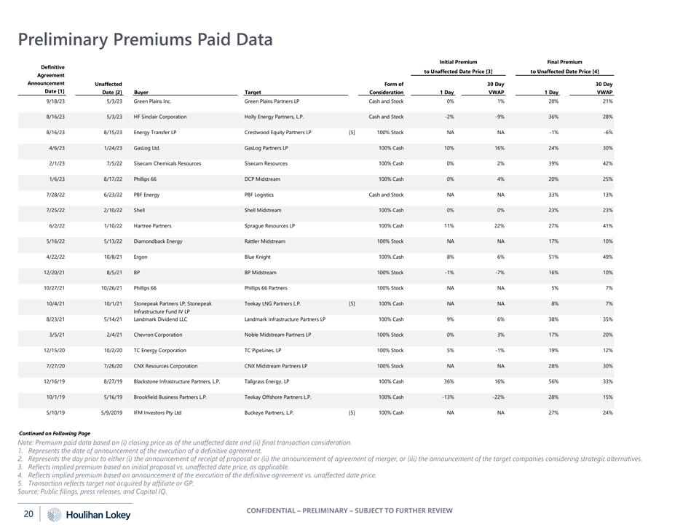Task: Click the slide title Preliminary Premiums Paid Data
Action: click(145, 39)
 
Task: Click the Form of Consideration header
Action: click(387, 88)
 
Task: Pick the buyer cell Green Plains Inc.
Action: click(152, 101)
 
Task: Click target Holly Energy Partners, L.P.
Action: click(274, 117)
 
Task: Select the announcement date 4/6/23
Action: click(57, 148)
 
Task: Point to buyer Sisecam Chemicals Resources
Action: click(167, 163)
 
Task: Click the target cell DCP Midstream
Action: click(264, 179)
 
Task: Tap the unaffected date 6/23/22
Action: click(113, 195)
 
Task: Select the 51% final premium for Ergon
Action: click(553, 257)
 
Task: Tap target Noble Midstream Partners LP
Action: click(278, 335)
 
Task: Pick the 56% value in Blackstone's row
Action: click(553, 381)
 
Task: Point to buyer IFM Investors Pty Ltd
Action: click(157, 413)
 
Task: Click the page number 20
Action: click(28, 514)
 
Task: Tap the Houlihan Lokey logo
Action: click(90, 515)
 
